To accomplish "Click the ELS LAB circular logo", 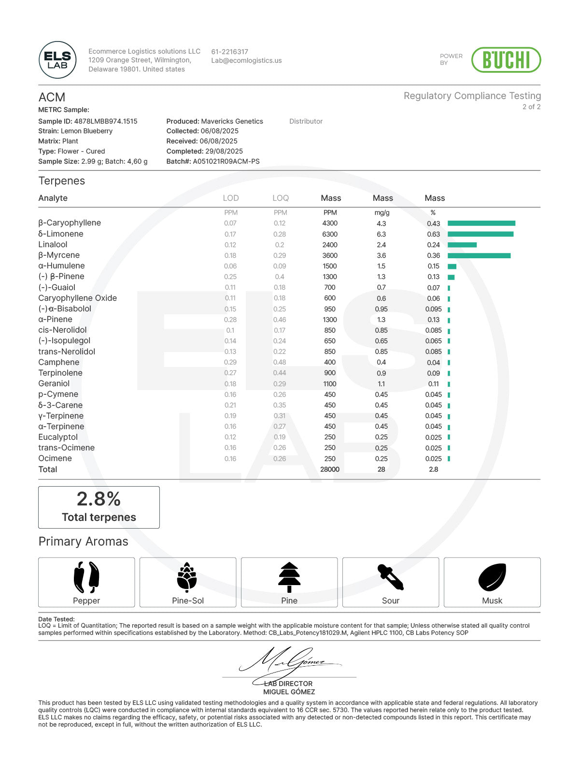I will [57, 60].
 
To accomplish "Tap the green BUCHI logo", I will [506, 60].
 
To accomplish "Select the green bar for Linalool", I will [462, 245].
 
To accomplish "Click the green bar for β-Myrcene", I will [479, 255].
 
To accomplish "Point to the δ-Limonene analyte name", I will [61, 234].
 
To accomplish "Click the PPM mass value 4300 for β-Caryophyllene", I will [330, 224].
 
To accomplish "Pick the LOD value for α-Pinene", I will [230, 320].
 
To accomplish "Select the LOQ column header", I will [280, 198].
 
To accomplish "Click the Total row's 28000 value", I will [330, 469].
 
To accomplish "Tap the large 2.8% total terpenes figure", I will [99, 499].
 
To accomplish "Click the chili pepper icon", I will [86, 577].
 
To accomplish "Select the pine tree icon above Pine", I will [289, 577].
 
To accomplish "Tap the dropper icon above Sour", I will [391, 577].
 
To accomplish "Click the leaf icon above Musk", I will [492, 577].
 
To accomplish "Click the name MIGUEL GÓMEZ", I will [289, 692].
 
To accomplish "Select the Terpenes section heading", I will [62, 181].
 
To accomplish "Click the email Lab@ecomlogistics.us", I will [246, 61].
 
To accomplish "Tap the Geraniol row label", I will [54, 384].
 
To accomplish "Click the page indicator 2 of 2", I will [531, 107].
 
